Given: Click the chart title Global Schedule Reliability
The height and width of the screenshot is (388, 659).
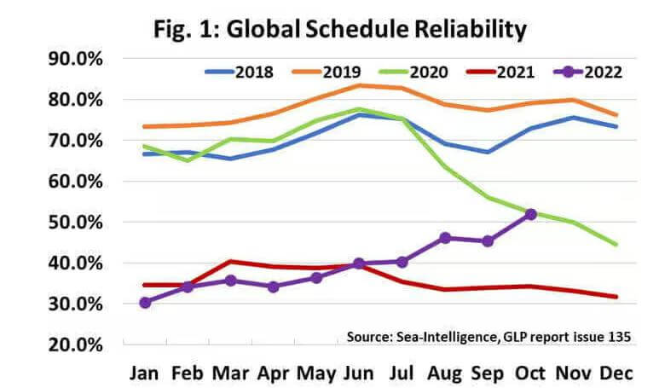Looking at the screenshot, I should [339, 29].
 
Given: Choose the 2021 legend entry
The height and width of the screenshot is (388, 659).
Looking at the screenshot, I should [516, 72].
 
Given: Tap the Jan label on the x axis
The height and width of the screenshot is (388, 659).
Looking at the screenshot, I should [146, 374].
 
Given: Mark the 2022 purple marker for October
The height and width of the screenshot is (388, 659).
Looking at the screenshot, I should [531, 214].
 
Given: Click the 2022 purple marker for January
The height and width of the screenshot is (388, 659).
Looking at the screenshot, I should [146, 302].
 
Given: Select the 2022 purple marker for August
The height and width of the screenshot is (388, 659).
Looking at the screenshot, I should [444, 238].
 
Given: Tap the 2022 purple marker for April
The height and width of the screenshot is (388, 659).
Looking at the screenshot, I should [274, 287].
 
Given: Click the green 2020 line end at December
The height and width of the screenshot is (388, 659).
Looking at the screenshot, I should [615, 245].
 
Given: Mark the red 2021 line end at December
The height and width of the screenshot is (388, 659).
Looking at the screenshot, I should [615, 297].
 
